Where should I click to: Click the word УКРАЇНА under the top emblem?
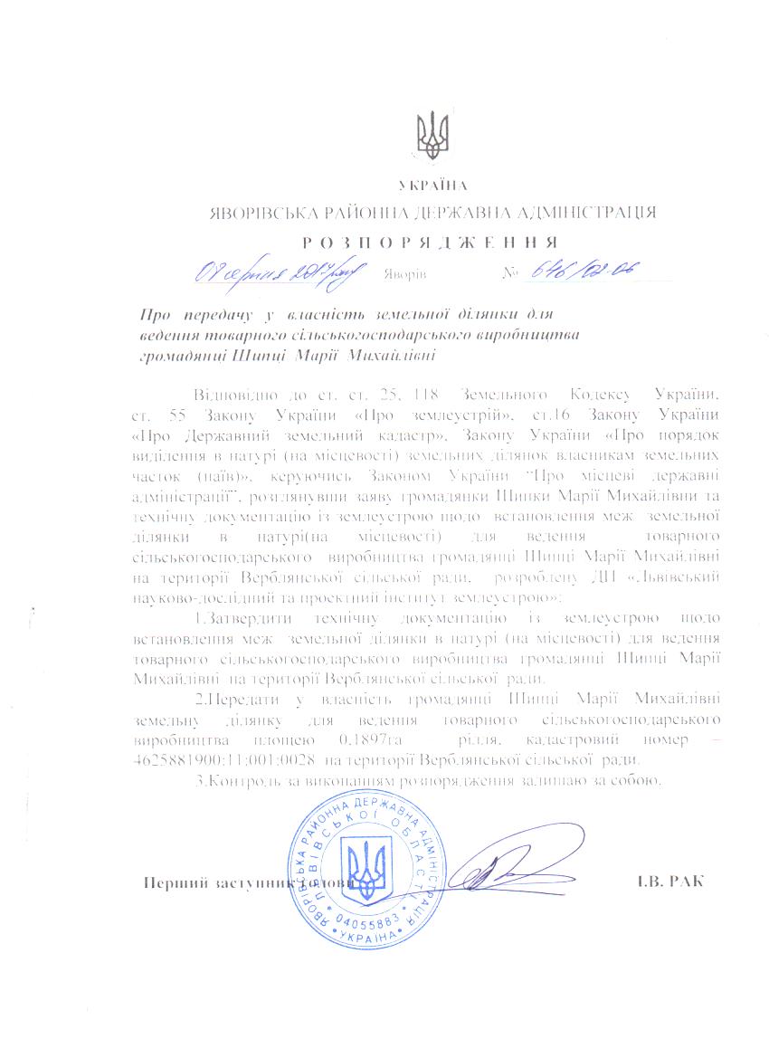click(432, 186)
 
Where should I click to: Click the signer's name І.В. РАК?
click(669, 882)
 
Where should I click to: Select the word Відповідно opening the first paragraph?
click(229, 396)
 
